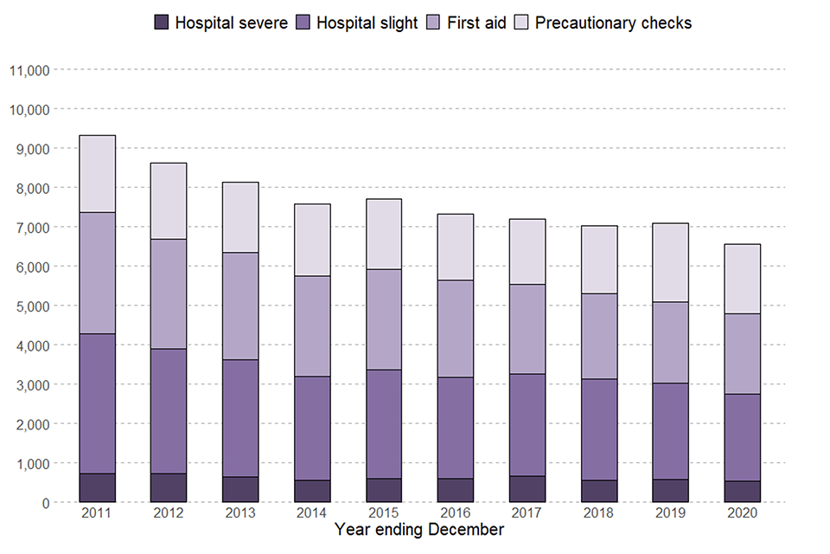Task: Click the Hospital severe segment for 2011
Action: pos(97,487)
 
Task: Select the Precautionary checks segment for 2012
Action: pos(169,201)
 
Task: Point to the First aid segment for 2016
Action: pos(456,328)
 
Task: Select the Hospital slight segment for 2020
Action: pos(743,437)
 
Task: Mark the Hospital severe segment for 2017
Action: pos(527,489)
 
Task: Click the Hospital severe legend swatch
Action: pos(161,23)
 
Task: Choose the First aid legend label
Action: pos(476,23)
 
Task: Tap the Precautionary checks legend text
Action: pos(613,23)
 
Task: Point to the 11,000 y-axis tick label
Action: pos(29,70)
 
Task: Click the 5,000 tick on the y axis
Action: pos(33,306)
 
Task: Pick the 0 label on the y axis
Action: pos(45,502)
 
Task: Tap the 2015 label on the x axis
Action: pos(384,514)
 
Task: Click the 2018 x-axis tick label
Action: pos(599,514)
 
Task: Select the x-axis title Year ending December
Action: pos(419,530)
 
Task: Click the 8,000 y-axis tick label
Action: pos(33,188)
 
